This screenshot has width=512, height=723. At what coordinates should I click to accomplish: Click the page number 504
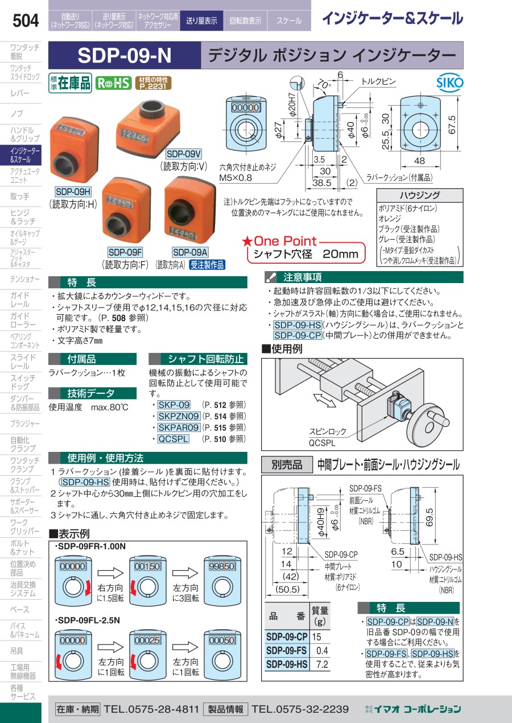[26, 20]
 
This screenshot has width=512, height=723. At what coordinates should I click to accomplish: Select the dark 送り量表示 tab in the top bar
[201, 21]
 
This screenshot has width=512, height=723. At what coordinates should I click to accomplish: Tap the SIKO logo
[449, 83]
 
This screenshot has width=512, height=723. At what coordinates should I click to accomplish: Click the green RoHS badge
[113, 84]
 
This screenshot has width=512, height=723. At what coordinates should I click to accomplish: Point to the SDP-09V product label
[184, 154]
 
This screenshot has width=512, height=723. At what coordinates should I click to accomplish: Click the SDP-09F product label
[125, 252]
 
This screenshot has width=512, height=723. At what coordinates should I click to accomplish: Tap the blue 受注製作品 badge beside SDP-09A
[207, 265]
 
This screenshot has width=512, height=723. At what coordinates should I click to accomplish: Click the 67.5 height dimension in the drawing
[452, 124]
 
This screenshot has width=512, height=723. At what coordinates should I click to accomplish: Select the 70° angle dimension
[324, 84]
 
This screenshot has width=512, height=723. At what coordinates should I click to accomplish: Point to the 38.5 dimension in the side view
[322, 183]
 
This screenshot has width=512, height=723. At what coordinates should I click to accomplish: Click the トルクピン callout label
[378, 81]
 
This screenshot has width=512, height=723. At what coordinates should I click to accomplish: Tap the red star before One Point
[247, 242]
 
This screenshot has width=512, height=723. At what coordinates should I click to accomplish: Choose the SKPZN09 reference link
[179, 417]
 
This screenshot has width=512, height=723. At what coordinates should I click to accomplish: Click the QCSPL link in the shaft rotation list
[173, 439]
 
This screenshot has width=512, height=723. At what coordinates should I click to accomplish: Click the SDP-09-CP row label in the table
[287, 637]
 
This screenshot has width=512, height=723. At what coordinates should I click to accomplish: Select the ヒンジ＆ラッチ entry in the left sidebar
[23, 217]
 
